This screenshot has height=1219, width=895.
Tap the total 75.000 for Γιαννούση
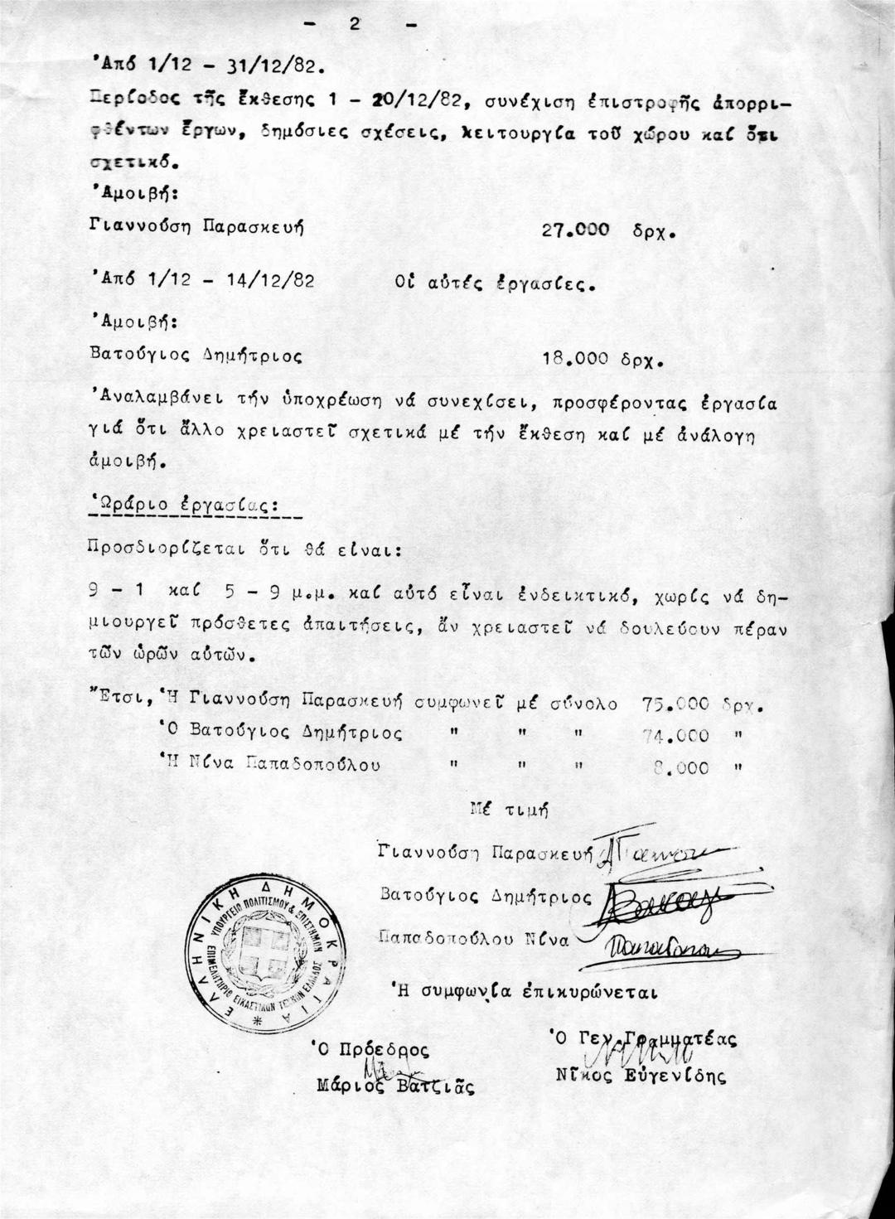coord(675,704)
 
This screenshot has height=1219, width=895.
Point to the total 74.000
coord(675,736)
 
